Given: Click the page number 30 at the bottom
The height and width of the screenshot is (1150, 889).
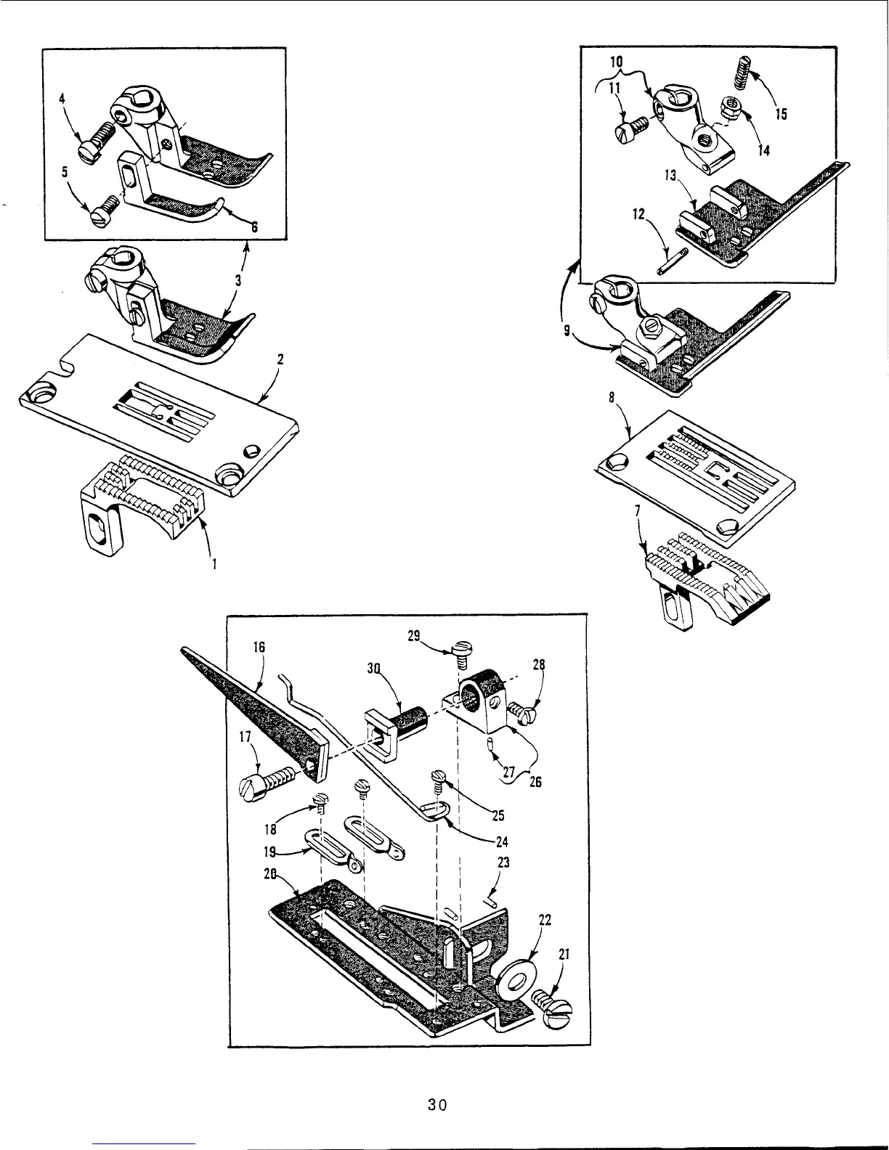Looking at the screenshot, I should pyautogui.click(x=437, y=1105).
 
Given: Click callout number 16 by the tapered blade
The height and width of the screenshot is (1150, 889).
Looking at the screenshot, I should pyautogui.click(x=259, y=647).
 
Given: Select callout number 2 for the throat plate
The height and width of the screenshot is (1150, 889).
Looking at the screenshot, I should pyautogui.click(x=280, y=359).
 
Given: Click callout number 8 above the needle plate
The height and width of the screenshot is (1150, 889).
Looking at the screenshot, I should pyautogui.click(x=612, y=399).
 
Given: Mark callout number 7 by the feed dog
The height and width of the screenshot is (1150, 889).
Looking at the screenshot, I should pyautogui.click(x=637, y=511).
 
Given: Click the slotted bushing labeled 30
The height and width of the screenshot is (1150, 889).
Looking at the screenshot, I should pyautogui.click(x=390, y=727).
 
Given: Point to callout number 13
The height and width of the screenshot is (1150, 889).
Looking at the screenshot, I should pyautogui.click(x=669, y=174).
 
